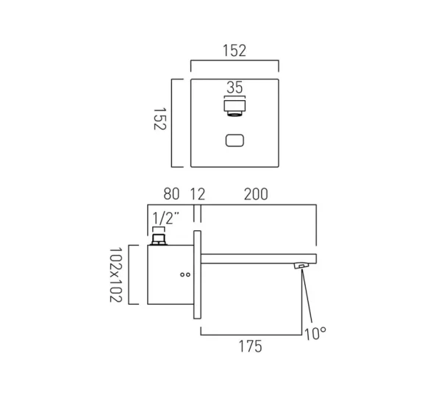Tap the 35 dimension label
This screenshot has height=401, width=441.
click(234, 88)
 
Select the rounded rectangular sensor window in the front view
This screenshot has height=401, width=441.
click(234, 141)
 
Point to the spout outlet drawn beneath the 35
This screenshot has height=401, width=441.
click(234, 107)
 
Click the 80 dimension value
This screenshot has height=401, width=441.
click(171, 195)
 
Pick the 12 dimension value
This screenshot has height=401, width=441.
click(198, 195)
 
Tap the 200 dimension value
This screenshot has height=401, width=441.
click(256, 195)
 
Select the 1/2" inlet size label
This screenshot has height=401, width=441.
click(164, 218)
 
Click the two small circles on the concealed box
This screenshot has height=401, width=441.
click(184, 277)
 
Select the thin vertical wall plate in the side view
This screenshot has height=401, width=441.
click(197, 274)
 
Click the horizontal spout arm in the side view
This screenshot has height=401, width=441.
click(257, 258)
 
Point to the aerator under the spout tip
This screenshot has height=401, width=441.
click(301, 266)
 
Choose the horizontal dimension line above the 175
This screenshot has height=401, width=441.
click(250, 335)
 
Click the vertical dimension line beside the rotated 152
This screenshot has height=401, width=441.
click(173, 121)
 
